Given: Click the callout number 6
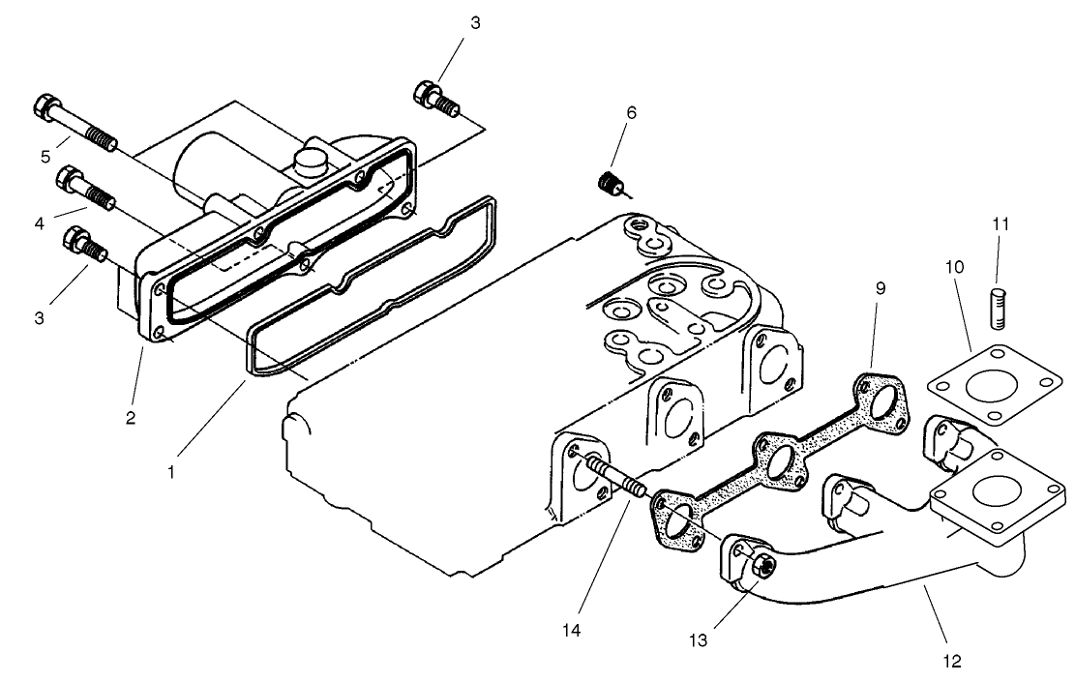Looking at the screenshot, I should click(x=631, y=112).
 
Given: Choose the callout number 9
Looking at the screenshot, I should click(x=879, y=288).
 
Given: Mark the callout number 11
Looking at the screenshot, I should click(x=1000, y=223).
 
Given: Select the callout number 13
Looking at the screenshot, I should click(x=696, y=639).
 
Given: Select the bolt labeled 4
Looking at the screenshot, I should click(x=86, y=189).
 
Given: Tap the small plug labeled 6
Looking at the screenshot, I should click(x=611, y=181).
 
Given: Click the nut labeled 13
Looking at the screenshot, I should click(x=761, y=567).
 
